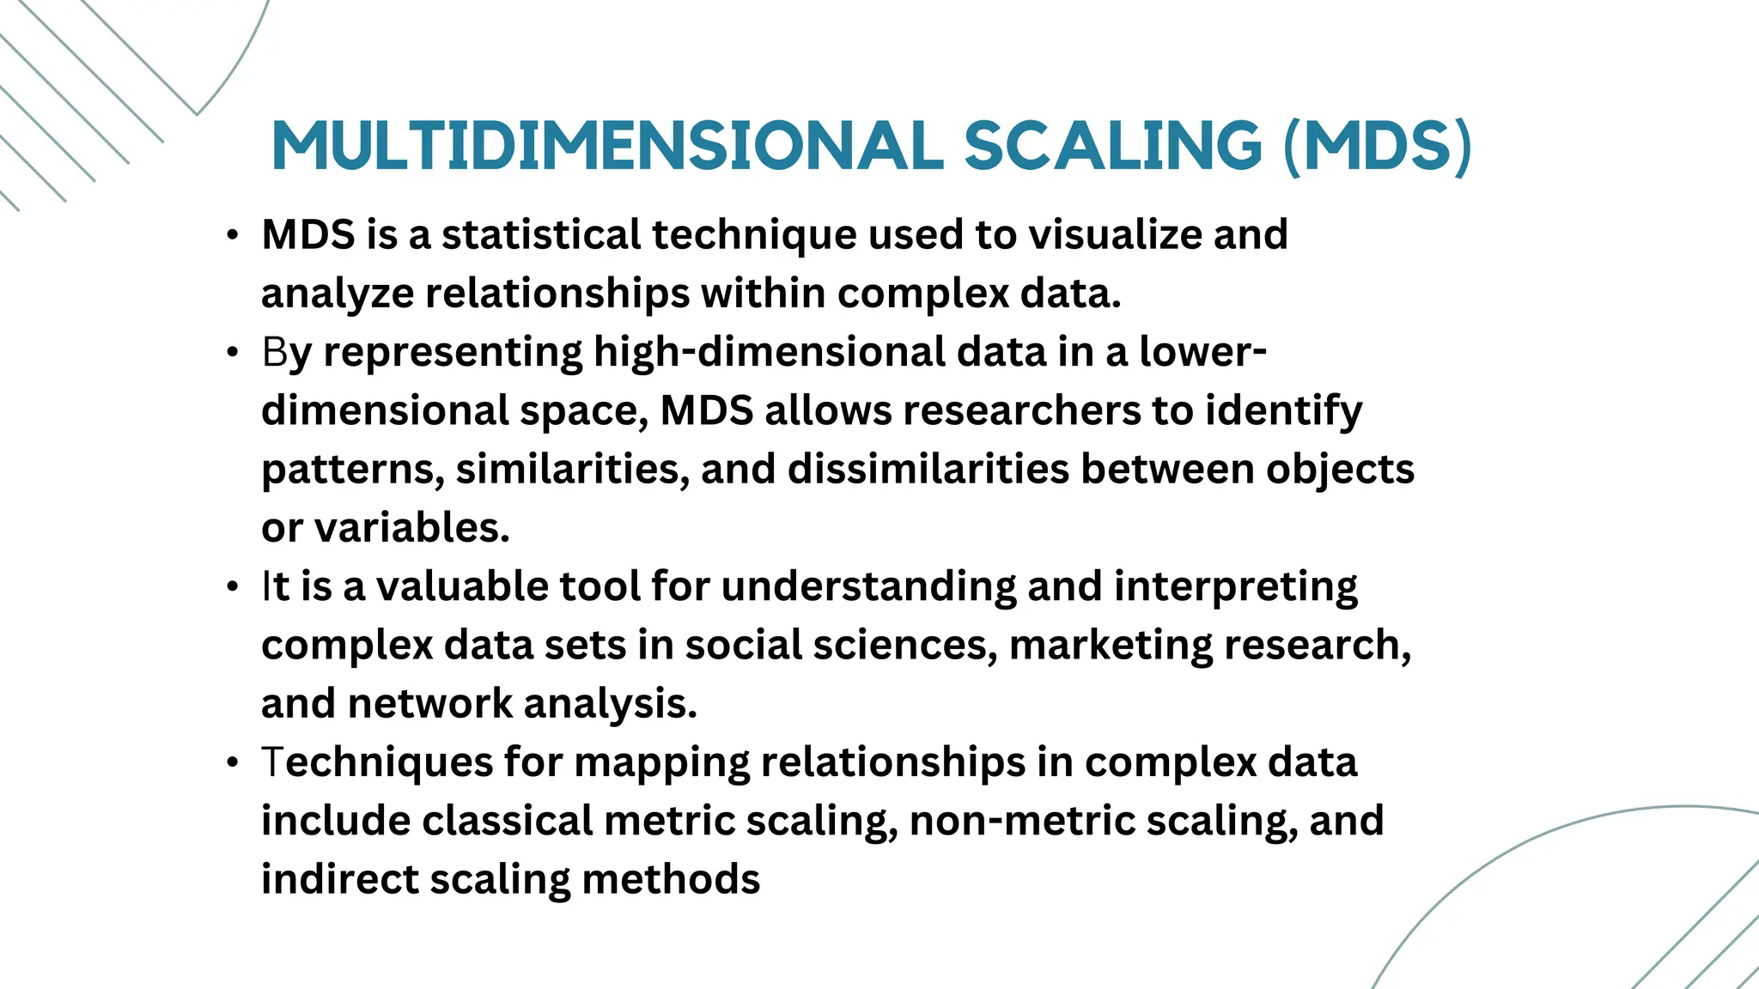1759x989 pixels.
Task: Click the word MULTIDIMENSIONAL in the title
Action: [607, 145]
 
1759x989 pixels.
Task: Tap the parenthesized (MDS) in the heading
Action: [1378, 145]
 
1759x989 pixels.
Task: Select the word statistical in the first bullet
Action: [541, 234]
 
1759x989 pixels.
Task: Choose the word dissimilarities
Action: [928, 469]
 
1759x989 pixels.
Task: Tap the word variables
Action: [412, 527]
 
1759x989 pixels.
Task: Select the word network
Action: [430, 703]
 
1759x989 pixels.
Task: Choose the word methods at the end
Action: [671, 879]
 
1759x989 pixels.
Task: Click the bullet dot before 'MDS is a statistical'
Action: [232, 236]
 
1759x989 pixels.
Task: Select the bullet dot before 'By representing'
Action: [232, 354]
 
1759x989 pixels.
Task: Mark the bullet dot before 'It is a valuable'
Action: [232, 588]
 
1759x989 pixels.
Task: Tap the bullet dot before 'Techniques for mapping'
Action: [232, 764]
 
